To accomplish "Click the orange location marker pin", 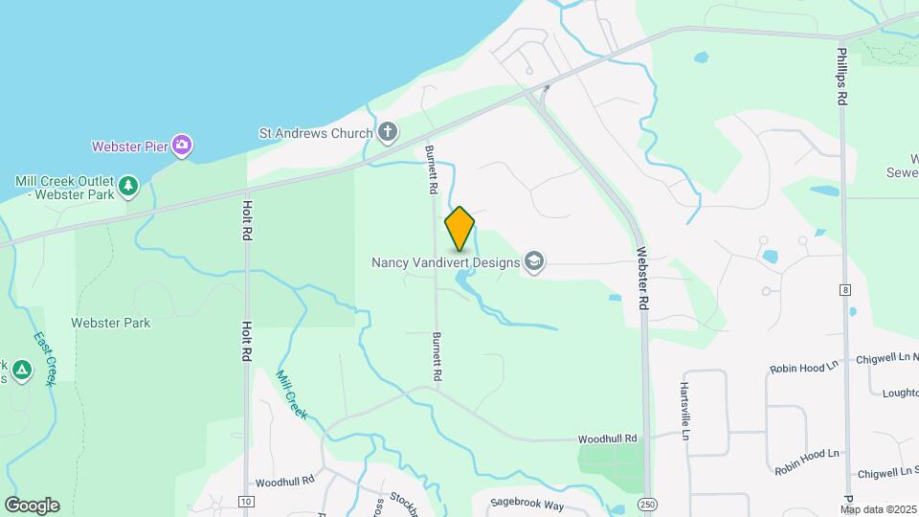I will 459,229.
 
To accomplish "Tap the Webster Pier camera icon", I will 182,146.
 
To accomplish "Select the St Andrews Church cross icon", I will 387,132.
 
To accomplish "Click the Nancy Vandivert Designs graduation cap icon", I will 534,261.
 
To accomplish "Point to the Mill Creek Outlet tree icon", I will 128,184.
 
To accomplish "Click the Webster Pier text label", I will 129,146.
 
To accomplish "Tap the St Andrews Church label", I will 315,133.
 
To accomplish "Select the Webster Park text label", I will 110,323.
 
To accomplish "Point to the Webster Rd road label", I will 643,279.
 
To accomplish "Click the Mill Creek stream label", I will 292,393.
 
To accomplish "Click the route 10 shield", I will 246,502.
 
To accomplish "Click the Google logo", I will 32,506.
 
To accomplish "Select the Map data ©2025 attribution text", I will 879,509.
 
